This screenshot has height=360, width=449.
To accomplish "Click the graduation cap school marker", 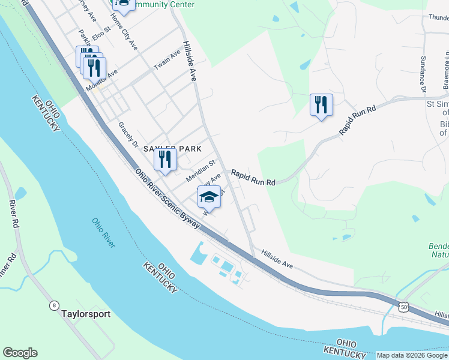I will click(x=209, y=196).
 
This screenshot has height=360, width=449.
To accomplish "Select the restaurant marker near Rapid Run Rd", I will click(x=321, y=105).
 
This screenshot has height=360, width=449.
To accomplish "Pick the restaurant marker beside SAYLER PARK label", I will click(x=165, y=159).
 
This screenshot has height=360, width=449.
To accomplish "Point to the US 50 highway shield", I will click(x=403, y=307).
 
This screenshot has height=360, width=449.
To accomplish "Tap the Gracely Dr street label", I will click(x=128, y=136).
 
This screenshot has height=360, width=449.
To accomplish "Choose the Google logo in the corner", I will click(x=20, y=353).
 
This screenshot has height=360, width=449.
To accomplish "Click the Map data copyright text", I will click(x=412, y=355).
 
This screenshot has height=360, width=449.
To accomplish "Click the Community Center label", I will click(x=165, y=5).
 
